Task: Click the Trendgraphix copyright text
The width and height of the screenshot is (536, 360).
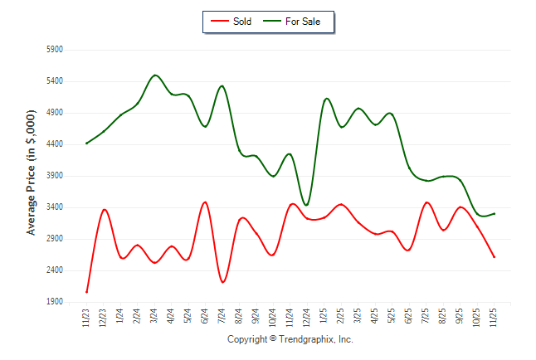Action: click(x=290, y=340)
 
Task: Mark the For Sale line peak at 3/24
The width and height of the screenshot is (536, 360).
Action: click(x=155, y=75)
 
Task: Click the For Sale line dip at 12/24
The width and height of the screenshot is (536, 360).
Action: click(x=306, y=205)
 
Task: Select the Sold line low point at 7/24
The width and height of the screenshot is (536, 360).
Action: click(x=222, y=282)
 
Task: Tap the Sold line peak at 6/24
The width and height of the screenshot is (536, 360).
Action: click(x=205, y=202)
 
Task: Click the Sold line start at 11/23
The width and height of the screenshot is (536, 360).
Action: click(x=86, y=292)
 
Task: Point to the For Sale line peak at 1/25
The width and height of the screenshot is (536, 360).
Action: click(x=326, y=99)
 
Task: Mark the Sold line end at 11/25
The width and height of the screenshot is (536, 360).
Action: click(x=495, y=257)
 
